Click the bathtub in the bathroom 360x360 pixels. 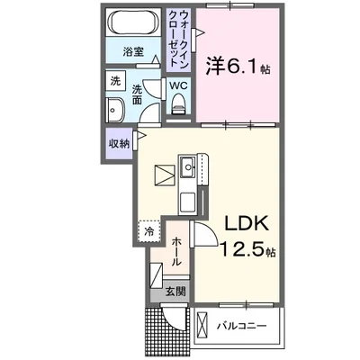(x=132, y=23)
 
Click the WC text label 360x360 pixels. (x=178, y=86)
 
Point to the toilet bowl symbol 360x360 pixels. (x=178, y=105)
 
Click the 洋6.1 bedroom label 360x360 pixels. (x=237, y=65)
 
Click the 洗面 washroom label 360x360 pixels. (x=139, y=94)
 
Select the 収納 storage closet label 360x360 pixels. (x=119, y=142)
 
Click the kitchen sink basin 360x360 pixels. (x=190, y=166)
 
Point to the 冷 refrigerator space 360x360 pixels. (x=149, y=232)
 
